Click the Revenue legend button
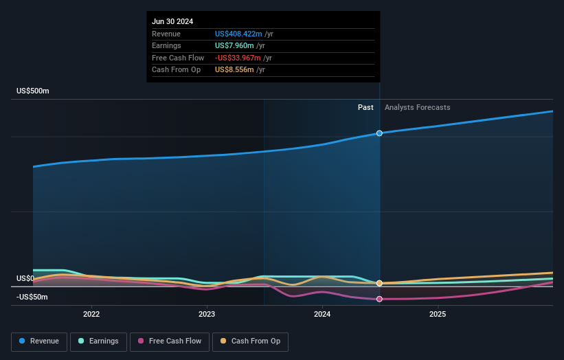point(40,341)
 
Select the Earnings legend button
point(99,341)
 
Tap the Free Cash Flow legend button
point(170,341)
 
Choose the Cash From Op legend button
point(250,341)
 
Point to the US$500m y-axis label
point(33,91)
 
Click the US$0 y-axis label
point(25,278)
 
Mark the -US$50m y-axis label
point(33,297)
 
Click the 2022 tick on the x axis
point(91,315)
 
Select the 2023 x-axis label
point(207,315)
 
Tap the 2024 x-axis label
point(322,315)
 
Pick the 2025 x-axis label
point(438,315)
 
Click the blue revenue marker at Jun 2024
point(379,133)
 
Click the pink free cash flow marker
point(379,299)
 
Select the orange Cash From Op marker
point(379,283)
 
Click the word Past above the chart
point(365,107)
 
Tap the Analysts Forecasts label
point(418,107)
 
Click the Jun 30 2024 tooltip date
point(172,21)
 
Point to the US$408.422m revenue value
point(238,34)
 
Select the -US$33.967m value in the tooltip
point(238,58)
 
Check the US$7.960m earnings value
point(234,46)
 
